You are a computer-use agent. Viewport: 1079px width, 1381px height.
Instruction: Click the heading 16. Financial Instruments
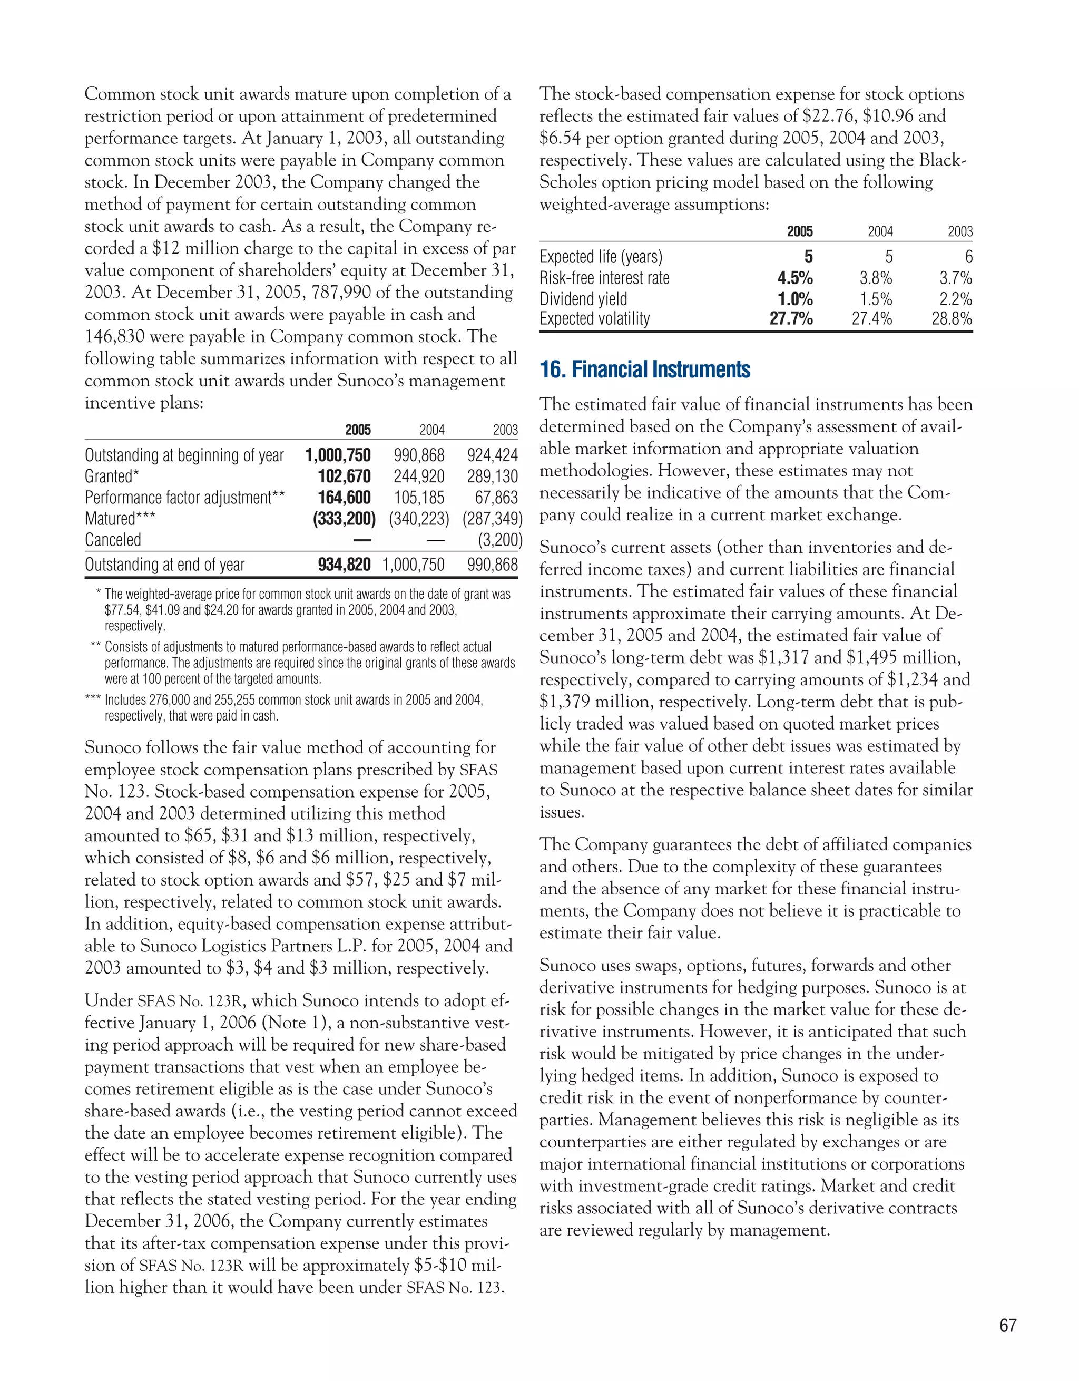pos(645,370)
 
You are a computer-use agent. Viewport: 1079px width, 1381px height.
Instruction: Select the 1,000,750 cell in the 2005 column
pos(338,455)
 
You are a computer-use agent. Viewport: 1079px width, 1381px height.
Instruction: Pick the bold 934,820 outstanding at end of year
pos(344,565)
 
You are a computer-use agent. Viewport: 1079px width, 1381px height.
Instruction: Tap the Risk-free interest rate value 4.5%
pos(794,278)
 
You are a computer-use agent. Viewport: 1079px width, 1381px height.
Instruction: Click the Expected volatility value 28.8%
pos(952,319)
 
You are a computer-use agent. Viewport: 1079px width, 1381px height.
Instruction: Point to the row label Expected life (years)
pos(601,257)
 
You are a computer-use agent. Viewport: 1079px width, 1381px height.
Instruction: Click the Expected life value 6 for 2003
pos(968,257)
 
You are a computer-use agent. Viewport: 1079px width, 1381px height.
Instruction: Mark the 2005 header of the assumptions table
pos(800,231)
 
